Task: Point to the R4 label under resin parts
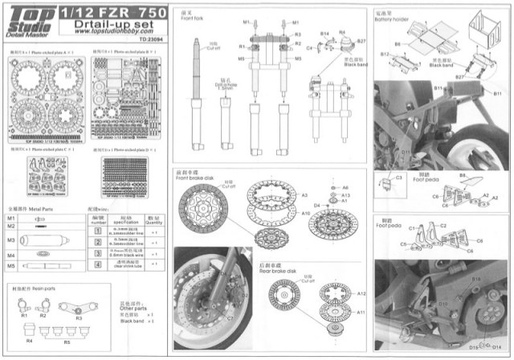point(31,341)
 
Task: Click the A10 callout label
point(305,214)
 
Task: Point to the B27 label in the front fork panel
point(361,39)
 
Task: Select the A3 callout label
point(304,194)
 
